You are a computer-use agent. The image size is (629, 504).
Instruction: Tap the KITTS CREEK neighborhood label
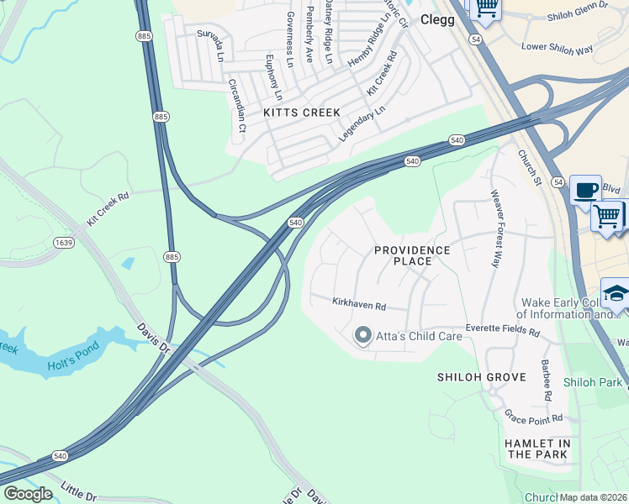click(302, 113)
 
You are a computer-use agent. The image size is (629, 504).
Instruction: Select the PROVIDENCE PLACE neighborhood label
click(412, 255)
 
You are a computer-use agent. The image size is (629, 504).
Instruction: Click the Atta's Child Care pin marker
click(363, 336)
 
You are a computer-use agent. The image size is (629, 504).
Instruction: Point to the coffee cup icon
click(585, 189)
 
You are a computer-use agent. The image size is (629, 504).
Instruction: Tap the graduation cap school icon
click(616, 292)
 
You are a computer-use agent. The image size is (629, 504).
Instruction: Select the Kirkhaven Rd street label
click(358, 303)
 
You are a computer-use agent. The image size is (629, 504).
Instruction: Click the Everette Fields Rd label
click(502, 330)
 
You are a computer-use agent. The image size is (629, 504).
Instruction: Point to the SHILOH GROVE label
click(482, 377)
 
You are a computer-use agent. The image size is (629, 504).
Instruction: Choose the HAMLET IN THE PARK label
click(538, 449)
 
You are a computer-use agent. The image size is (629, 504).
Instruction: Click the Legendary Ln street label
click(362, 123)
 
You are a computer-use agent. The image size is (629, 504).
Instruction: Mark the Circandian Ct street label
click(236, 106)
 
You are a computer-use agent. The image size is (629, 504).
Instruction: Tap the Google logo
click(28, 494)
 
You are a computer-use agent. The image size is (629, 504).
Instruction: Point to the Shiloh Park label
click(594, 382)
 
